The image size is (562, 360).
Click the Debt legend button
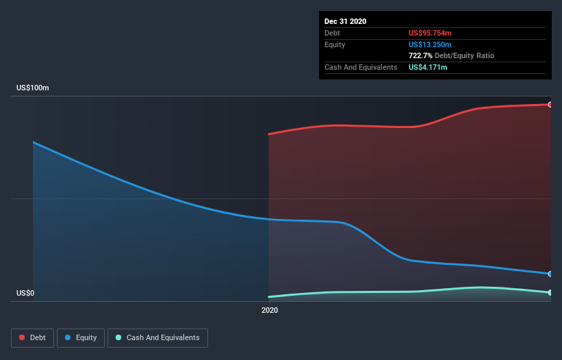31,338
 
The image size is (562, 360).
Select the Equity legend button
81,338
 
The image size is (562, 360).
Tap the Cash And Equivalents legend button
157,338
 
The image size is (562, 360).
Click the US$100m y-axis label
33,88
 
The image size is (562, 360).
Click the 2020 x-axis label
270,311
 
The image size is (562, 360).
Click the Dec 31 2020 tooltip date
345,21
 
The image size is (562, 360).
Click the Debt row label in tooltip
333,33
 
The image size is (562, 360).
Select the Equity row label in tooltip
335,44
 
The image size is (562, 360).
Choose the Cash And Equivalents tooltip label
361,67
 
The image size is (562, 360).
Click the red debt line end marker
550,105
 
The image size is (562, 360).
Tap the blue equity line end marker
550,274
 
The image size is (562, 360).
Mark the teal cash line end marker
550,293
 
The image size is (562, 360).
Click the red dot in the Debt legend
23,338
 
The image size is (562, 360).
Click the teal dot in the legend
119,338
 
